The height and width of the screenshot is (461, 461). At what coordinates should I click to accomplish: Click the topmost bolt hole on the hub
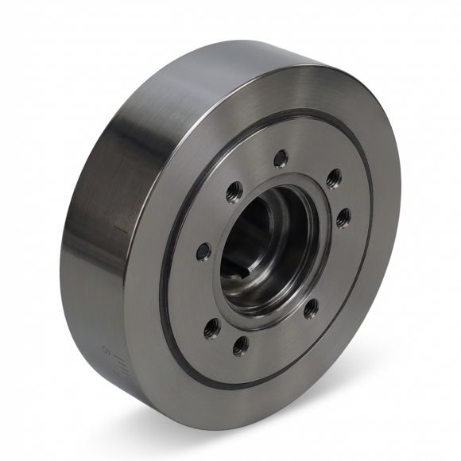pos(280,159)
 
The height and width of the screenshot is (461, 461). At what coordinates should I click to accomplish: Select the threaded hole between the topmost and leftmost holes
pos(234,191)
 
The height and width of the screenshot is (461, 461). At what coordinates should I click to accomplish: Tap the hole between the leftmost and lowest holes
pos(211,325)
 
